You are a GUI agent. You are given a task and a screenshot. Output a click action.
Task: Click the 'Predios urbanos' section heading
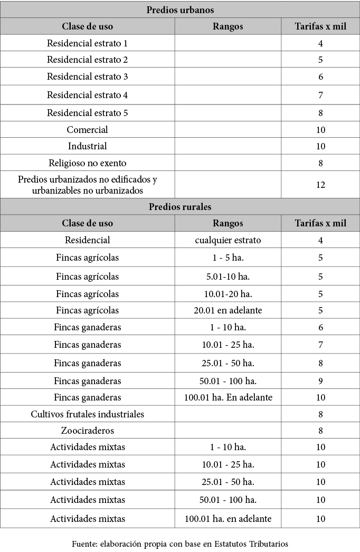coord(180,9)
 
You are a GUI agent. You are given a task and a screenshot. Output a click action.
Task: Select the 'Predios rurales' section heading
coord(180,206)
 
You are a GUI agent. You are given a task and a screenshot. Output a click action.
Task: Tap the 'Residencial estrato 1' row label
coord(87,43)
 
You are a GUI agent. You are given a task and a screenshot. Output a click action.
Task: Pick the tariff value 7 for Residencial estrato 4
coord(320,96)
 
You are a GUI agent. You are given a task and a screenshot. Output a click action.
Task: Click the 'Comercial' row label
coord(87,130)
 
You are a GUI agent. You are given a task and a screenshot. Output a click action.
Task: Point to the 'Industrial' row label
coord(87,146)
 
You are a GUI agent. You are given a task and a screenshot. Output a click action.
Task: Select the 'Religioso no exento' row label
coord(87,163)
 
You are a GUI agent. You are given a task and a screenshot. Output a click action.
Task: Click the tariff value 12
coord(320,185)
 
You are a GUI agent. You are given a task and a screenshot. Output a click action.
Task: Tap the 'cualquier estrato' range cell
coord(228,240)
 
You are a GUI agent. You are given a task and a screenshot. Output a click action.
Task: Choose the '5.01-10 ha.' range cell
coord(228,277)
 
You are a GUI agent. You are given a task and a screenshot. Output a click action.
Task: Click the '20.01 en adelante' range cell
coord(228,310)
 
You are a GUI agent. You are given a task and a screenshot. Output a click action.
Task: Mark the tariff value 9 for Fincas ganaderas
coord(320,381)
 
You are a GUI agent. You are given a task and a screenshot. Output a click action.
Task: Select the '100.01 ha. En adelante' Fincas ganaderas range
coord(228,397)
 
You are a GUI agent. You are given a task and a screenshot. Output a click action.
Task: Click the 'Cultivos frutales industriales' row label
coord(87,414)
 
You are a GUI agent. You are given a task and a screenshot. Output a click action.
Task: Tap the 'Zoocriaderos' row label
coord(87,431)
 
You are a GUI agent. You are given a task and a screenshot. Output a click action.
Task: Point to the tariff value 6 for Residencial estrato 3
coord(320,77)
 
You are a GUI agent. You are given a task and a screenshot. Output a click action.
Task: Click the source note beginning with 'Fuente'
coord(180,543)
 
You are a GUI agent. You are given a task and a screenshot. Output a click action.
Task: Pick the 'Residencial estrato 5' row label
coord(87,113)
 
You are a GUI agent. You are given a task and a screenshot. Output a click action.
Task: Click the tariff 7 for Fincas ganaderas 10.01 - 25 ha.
coord(320,345)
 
